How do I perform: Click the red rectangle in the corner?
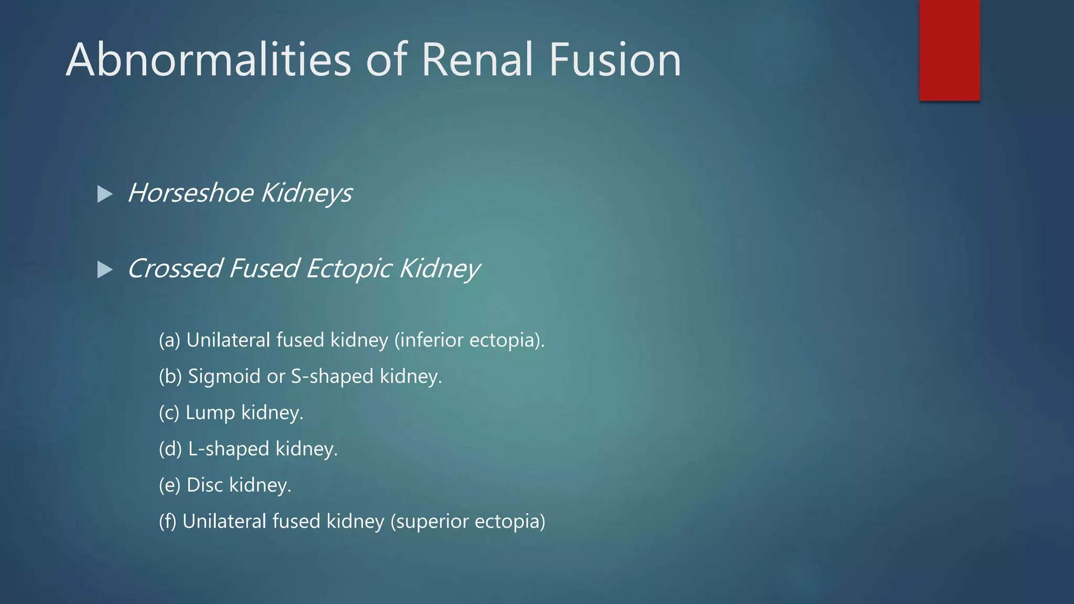coord(949,50)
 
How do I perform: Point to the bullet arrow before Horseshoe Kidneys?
coord(105,195)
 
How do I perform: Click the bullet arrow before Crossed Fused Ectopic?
coord(105,270)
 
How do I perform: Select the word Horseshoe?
coord(190,193)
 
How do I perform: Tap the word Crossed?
coord(175,268)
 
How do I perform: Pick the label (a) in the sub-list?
coord(169,340)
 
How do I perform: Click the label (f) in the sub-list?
coord(168,522)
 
